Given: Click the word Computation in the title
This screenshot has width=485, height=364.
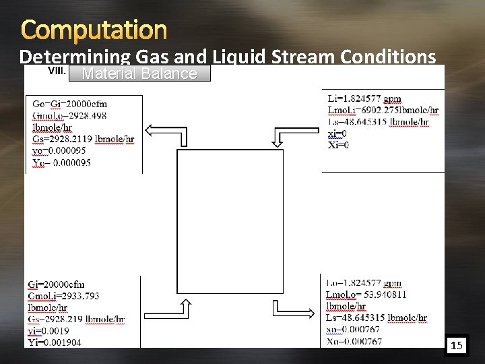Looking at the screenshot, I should (94, 30).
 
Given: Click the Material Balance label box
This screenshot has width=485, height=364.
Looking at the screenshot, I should (139, 73).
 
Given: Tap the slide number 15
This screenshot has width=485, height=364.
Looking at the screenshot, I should (457, 346).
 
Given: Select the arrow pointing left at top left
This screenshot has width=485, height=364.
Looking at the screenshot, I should (168, 133).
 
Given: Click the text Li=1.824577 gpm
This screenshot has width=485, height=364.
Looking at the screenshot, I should (364, 99).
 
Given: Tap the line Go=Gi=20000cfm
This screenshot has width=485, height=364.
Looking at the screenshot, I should (70, 104).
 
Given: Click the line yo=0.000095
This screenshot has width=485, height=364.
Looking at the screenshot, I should (60, 150).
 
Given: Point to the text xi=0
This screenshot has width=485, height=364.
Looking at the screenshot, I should (338, 133).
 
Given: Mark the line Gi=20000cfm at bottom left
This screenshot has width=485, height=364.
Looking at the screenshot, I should (57, 284).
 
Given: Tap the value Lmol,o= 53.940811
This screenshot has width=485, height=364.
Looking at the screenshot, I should (366, 295).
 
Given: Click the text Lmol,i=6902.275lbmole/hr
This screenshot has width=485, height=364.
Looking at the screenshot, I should (383, 110).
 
